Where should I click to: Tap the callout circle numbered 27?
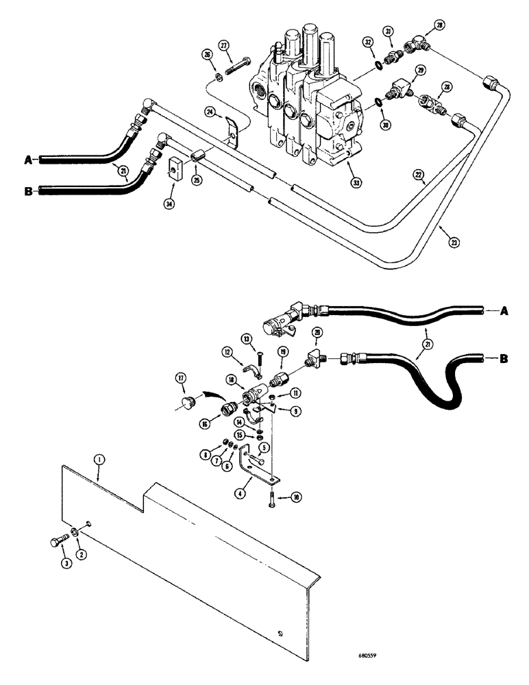point(223,45)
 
